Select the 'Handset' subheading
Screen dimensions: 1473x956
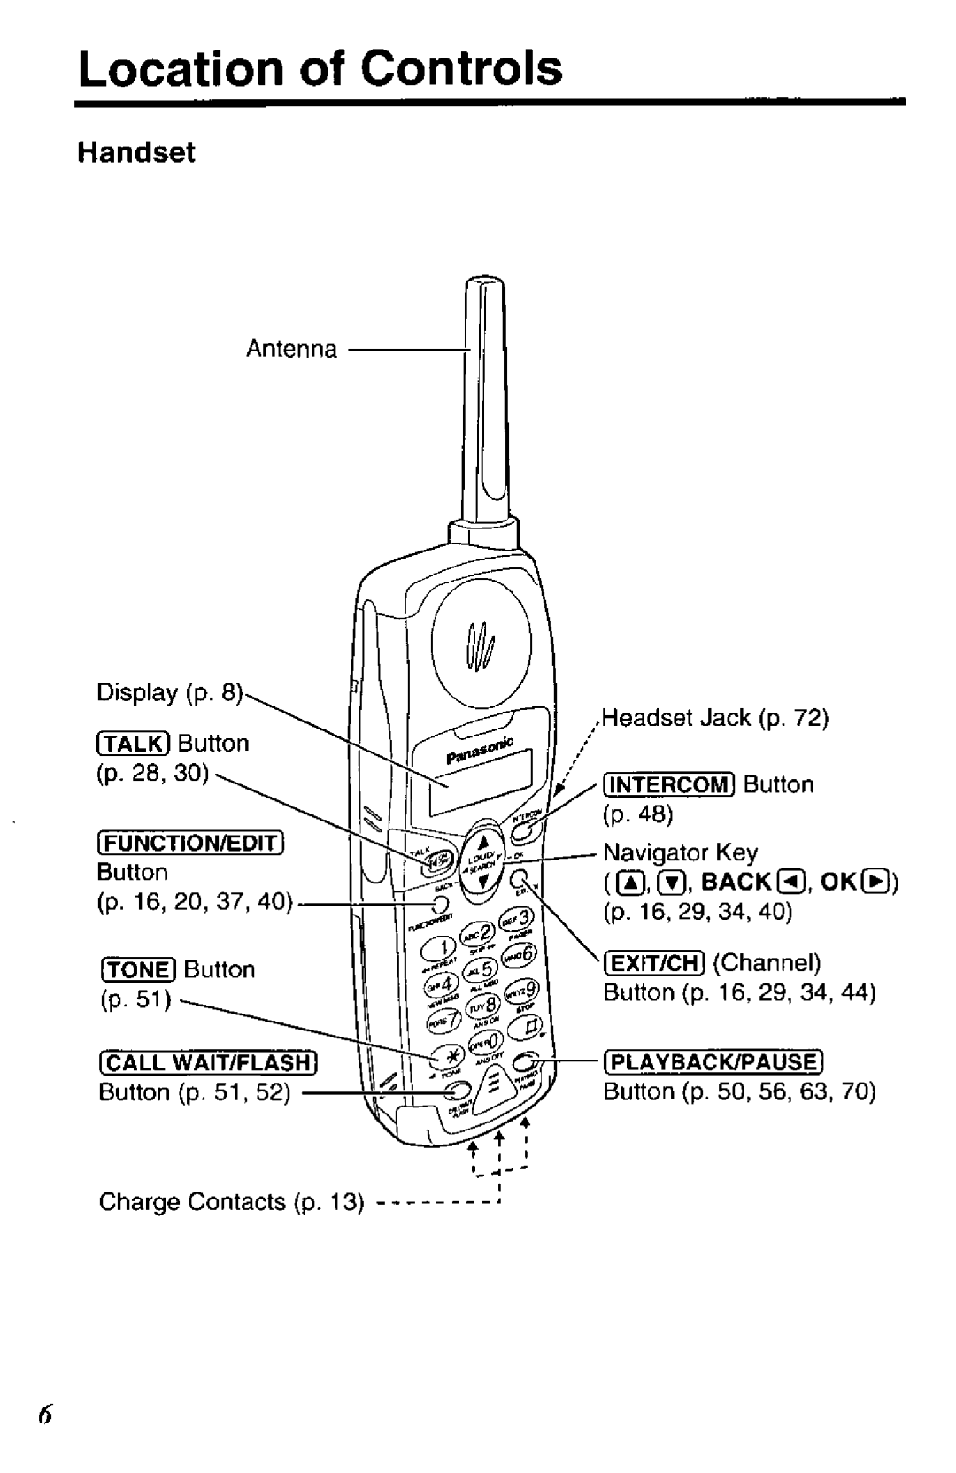pyautogui.click(x=136, y=153)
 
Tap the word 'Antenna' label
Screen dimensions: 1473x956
pyautogui.click(x=291, y=350)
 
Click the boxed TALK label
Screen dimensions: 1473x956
pyautogui.click(x=135, y=743)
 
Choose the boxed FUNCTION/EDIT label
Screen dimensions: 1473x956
pyautogui.click(x=189, y=839)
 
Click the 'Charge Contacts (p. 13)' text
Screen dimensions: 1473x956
pyautogui.click(x=231, y=1202)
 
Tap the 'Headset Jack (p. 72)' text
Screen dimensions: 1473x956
pyautogui.click(x=715, y=718)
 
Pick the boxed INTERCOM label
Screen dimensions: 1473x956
pyautogui.click(x=668, y=784)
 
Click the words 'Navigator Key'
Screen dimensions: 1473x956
pyautogui.click(x=681, y=852)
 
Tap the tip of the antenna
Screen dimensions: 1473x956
pyautogui.click(x=485, y=287)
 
